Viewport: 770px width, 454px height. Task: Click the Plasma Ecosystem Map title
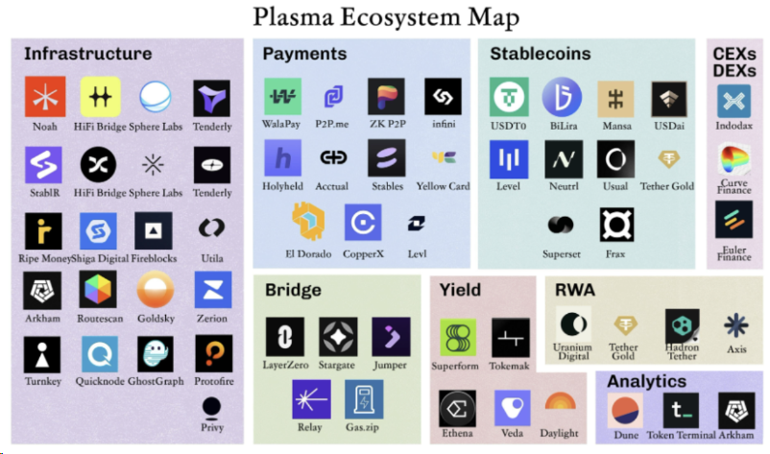(x=385, y=16)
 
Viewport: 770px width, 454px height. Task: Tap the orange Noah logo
(x=42, y=96)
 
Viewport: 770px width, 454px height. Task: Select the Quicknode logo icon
(x=99, y=354)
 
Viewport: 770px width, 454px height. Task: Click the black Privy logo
(x=212, y=406)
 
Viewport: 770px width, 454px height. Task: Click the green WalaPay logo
(x=282, y=97)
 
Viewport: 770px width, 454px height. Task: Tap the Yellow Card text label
(x=443, y=186)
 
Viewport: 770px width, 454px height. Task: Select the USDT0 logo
(x=509, y=97)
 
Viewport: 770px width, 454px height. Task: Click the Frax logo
(x=615, y=225)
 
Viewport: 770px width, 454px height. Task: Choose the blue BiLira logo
(x=562, y=97)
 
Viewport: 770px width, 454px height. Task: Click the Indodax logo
(x=734, y=100)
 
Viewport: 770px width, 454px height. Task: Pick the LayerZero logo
(x=284, y=337)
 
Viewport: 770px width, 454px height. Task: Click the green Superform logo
(x=458, y=338)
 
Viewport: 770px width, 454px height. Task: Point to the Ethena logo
(x=458, y=409)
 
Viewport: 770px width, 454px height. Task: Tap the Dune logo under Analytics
(x=625, y=410)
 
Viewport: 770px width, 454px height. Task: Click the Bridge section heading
(x=292, y=290)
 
